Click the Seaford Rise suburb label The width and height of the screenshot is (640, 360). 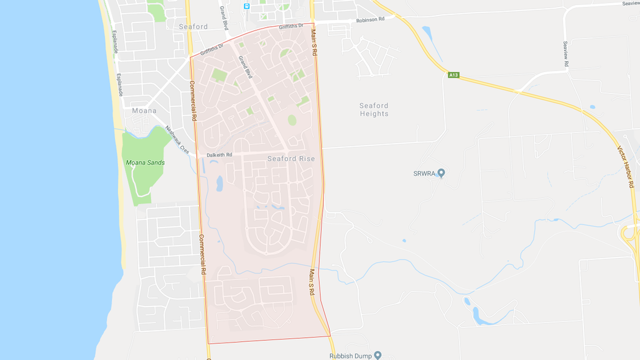pos(291,159)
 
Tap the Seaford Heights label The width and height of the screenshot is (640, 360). pos(374,109)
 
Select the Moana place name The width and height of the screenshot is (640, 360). pos(144,111)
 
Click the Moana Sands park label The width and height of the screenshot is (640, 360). pos(145,162)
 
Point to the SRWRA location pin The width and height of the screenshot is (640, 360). pos(441,173)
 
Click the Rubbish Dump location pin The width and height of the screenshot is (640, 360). pos(378,355)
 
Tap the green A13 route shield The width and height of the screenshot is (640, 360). pos(453,75)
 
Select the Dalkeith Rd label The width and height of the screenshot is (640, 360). pos(219,155)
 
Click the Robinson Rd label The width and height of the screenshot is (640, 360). pos(370,20)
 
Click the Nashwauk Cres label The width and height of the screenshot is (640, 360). pos(177,139)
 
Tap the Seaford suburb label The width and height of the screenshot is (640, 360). pos(193,27)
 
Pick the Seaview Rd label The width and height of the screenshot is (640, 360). pos(566,54)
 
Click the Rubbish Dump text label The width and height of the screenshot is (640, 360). pos(350,356)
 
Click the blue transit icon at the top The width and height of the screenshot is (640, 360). pos(247,6)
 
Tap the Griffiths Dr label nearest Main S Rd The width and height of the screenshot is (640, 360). pos(291,27)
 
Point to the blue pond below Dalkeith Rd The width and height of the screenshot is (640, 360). pos(219,183)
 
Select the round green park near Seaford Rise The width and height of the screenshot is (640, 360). pos(292,120)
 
